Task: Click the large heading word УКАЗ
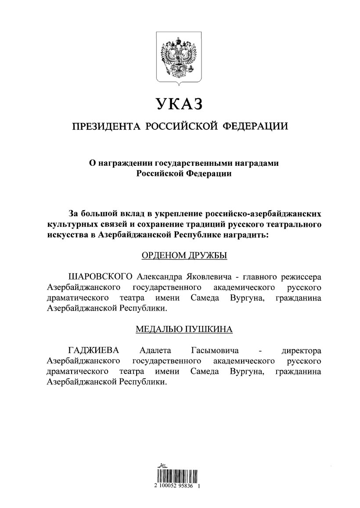[180, 104]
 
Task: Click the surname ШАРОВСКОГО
[101, 277]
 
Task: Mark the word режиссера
[299, 277]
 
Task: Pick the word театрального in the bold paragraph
[292, 225]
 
